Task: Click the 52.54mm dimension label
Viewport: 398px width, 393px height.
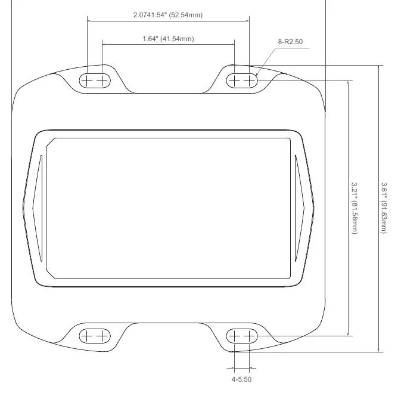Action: (168, 15)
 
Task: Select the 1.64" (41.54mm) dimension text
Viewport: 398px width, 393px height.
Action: (168, 39)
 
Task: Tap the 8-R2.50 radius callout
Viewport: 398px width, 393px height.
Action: (290, 42)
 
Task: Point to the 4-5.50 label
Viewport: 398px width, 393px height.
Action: (241, 379)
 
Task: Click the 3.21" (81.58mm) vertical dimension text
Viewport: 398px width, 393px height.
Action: (355, 208)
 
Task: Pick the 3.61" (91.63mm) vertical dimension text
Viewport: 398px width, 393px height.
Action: (384, 208)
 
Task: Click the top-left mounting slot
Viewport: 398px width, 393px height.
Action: (95, 81)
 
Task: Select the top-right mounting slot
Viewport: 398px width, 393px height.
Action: (242, 81)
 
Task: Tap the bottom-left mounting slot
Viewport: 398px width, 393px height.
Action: (95, 336)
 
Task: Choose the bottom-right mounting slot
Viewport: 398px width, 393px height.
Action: (242, 336)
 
